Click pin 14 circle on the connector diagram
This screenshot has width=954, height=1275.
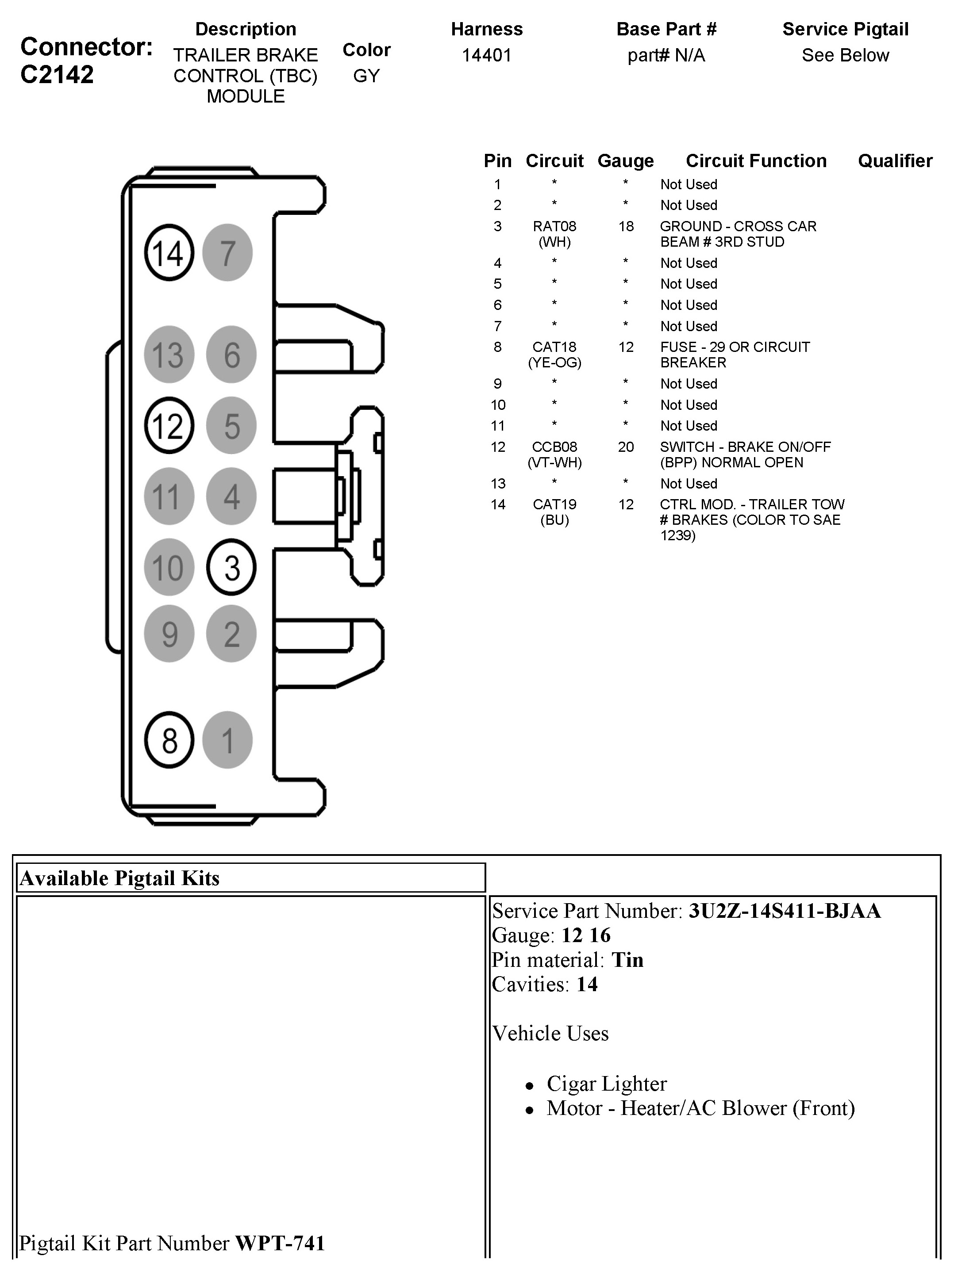(x=169, y=252)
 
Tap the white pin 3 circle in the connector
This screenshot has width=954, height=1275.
(x=231, y=568)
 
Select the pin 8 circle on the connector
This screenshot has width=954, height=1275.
(x=169, y=740)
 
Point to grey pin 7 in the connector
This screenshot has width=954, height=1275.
(x=228, y=252)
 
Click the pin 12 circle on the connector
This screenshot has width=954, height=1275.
(x=169, y=426)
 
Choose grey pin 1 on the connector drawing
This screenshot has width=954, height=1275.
(x=228, y=740)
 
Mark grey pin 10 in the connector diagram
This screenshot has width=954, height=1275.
(x=169, y=568)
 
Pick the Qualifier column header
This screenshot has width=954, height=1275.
(x=895, y=161)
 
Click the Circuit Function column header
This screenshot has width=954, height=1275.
(x=756, y=161)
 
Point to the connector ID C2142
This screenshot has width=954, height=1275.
(x=57, y=75)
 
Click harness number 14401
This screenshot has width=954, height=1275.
(x=486, y=55)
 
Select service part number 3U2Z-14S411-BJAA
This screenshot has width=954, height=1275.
(x=785, y=911)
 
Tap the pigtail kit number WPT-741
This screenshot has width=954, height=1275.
(x=280, y=1243)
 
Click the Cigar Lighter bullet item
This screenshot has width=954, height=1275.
(x=606, y=1084)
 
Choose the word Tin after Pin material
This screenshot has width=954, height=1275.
(x=627, y=960)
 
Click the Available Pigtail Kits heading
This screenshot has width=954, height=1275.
(x=120, y=878)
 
